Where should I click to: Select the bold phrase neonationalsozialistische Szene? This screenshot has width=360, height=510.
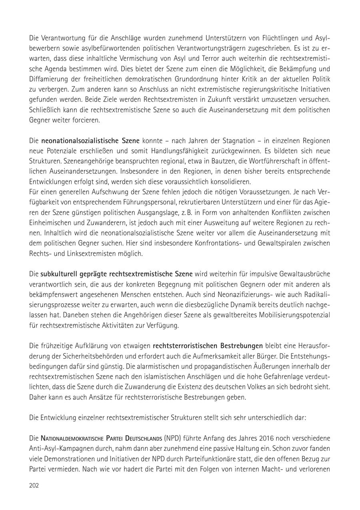tap(90, 141)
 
